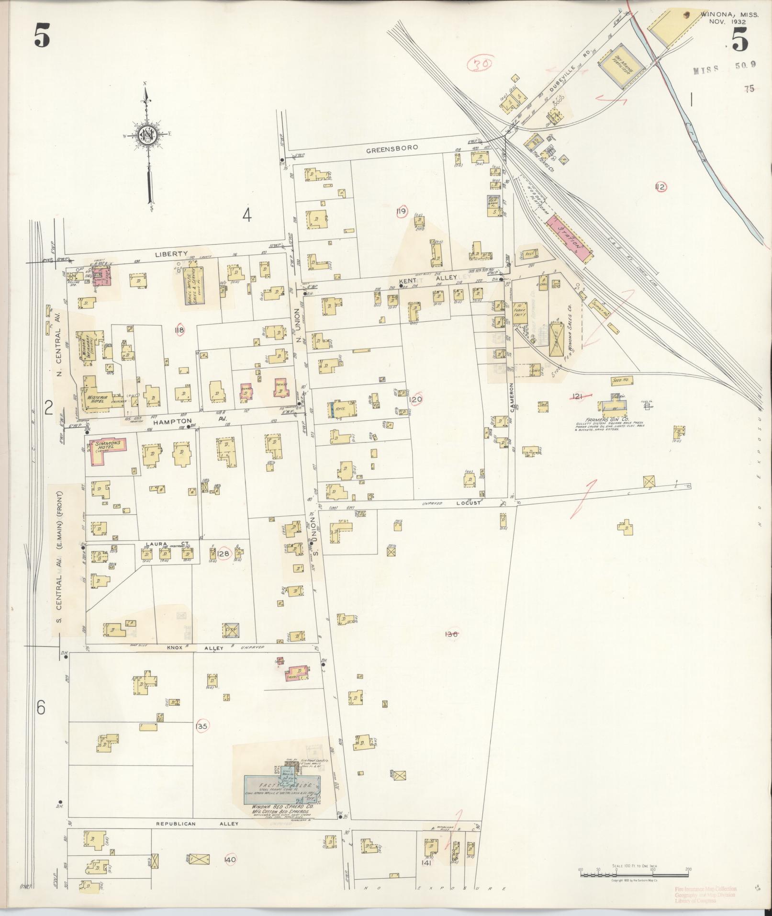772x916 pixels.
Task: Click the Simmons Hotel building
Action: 105,450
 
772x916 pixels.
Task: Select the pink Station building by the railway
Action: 570,238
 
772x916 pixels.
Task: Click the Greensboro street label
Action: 392,148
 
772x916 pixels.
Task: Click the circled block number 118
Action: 179,329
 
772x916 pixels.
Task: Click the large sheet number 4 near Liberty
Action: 246,215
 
